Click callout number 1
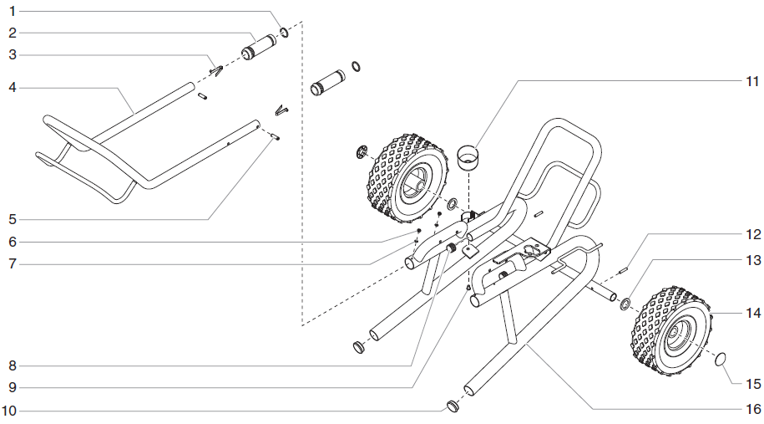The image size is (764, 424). (13, 12)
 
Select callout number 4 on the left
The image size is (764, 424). (13, 87)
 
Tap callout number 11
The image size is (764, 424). (751, 81)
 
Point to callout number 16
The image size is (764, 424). (751, 409)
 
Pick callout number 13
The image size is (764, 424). (751, 261)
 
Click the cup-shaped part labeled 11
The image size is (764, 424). (469, 156)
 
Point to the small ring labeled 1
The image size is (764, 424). (285, 33)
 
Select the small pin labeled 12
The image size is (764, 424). (624, 269)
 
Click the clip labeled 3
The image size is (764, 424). (215, 70)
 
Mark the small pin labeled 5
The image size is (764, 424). (276, 139)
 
